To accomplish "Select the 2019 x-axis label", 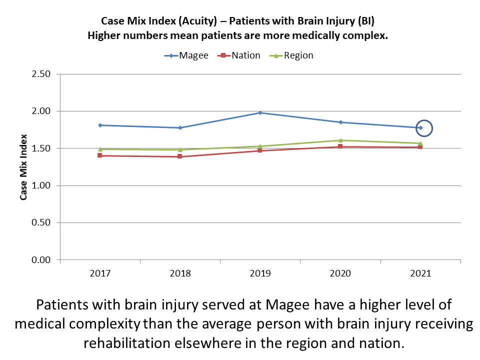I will [260, 274].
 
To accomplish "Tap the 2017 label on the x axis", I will [100, 274].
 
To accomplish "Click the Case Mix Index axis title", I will [23, 167].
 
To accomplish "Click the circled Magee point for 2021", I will [421, 128].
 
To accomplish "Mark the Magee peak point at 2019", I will [260, 112].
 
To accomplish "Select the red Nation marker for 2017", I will [100, 155].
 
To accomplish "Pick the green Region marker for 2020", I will [340, 140].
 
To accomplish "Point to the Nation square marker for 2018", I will [180, 156].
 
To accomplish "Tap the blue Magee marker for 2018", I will [180, 128].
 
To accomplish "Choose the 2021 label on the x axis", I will [420, 274].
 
